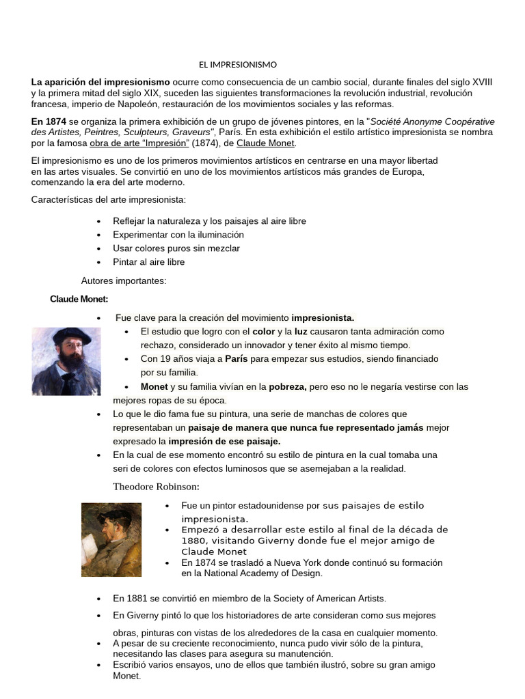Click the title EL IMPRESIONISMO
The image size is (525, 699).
[x=238, y=65]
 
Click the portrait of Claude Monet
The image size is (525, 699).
[x=66, y=361]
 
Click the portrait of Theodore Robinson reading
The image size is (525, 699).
[x=111, y=539]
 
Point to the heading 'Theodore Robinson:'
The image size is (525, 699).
[x=157, y=487]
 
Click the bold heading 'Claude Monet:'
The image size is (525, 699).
[x=79, y=299]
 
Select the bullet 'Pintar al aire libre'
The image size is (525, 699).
[x=149, y=261]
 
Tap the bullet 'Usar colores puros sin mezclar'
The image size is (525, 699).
[x=176, y=248]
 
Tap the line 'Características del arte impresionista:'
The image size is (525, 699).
[x=109, y=199]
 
